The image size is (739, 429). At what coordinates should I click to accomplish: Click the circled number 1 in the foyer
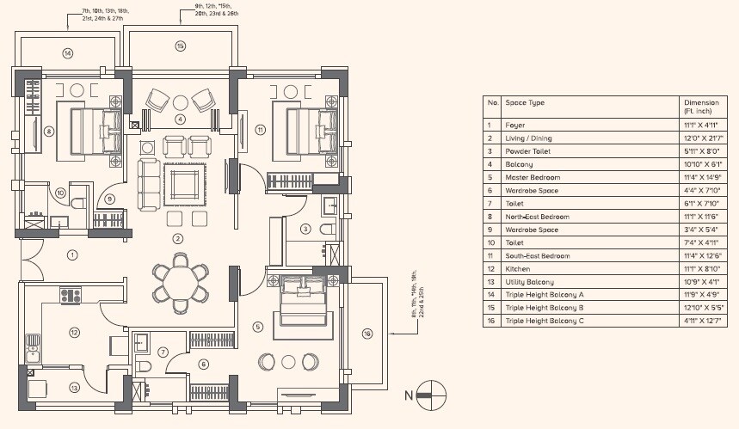pyautogui.click(x=72, y=254)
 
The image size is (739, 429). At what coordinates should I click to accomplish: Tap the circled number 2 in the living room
pyautogui.click(x=176, y=238)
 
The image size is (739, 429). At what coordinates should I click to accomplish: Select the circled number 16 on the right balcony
pyautogui.click(x=366, y=333)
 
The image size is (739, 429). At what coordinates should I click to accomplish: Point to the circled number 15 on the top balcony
pyautogui.click(x=181, y=46)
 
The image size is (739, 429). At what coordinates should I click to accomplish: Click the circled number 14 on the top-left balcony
pyautogui.click(x=67, y=53)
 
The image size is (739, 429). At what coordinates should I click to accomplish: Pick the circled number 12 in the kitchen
pyautogui.click(x=75, y=333)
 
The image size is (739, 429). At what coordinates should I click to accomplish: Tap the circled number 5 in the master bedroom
pyautogui.click(x=257, y=327)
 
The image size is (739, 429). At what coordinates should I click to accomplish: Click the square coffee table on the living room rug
pyautogui.click(x=184, y=183)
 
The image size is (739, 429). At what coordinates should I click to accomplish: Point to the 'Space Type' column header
pyautogui.click(x=525, y=103)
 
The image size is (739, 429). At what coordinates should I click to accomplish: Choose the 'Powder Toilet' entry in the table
pyautogui.click(x=527, y=150)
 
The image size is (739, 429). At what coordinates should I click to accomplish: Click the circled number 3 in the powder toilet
pyautogui.click(x=305, y=229)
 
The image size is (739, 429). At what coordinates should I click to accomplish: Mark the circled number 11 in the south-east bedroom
pyautogui.click(x=261, y=130)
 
